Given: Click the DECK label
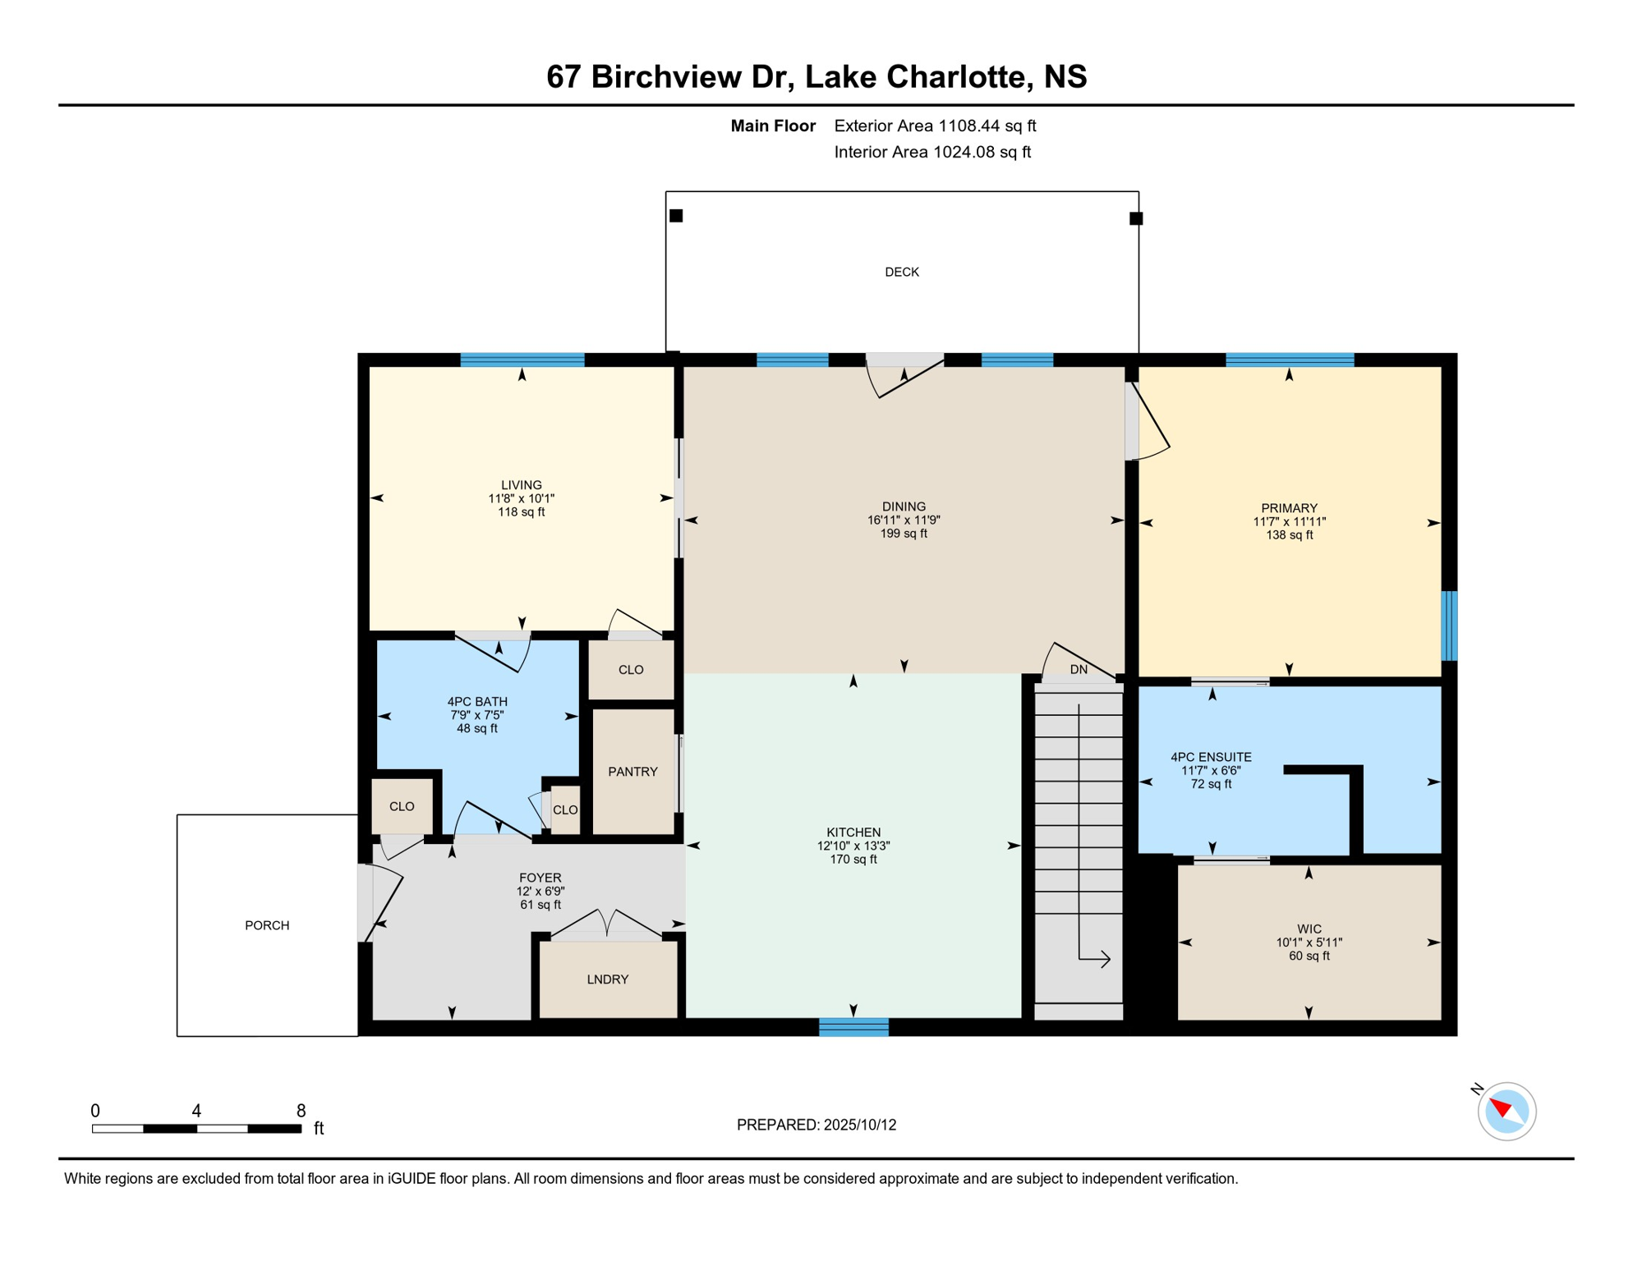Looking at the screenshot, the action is click(901, 272).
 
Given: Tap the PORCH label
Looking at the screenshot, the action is click(267, 925).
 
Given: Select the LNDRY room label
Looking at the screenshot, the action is click(608, 979).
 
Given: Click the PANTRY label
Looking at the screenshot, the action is click(632, 772).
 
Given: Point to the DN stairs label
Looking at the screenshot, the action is click(1079, 670).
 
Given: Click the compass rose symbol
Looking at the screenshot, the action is click(1506, 1112).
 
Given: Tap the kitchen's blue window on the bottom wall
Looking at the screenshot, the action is click(853, 1027).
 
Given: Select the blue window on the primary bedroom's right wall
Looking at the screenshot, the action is click(1450, 626).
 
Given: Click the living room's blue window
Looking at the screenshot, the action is click(522, 360).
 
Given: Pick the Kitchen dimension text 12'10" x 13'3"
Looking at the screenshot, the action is click(853, 846).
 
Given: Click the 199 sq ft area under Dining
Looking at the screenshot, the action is click(904, 534).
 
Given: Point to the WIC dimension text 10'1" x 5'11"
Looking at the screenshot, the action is click(1309, 942).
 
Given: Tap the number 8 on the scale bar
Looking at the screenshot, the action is click(301, 1111).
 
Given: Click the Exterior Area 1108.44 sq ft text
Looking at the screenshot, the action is click(935, 126).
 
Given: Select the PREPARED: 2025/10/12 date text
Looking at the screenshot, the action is click(816, 1125).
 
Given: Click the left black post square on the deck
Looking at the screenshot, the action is click(676, 216).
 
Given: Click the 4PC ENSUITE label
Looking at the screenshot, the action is click(1211, 757).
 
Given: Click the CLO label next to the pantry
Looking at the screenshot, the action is click(631, 670).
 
